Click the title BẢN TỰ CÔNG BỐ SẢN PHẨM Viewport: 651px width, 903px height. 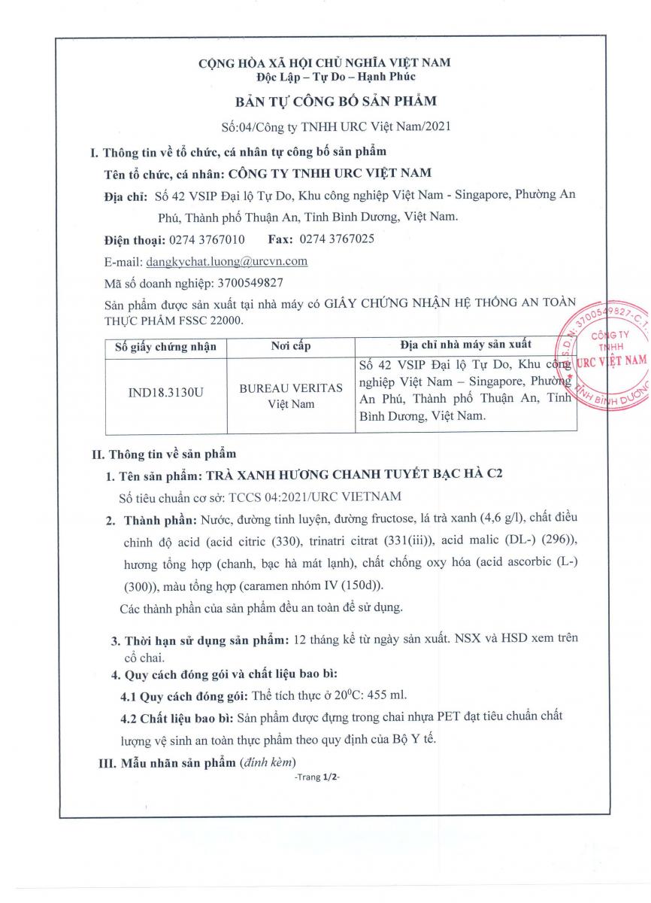coord(325,100)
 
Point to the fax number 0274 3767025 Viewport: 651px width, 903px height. coord(336,240)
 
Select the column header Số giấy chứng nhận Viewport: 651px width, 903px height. coord(165,347)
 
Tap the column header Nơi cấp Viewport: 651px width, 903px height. coord(290,347)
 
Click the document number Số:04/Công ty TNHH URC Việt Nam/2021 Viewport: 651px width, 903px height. coord(325,126)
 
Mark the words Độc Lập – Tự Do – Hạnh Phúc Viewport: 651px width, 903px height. coord(325,76)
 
